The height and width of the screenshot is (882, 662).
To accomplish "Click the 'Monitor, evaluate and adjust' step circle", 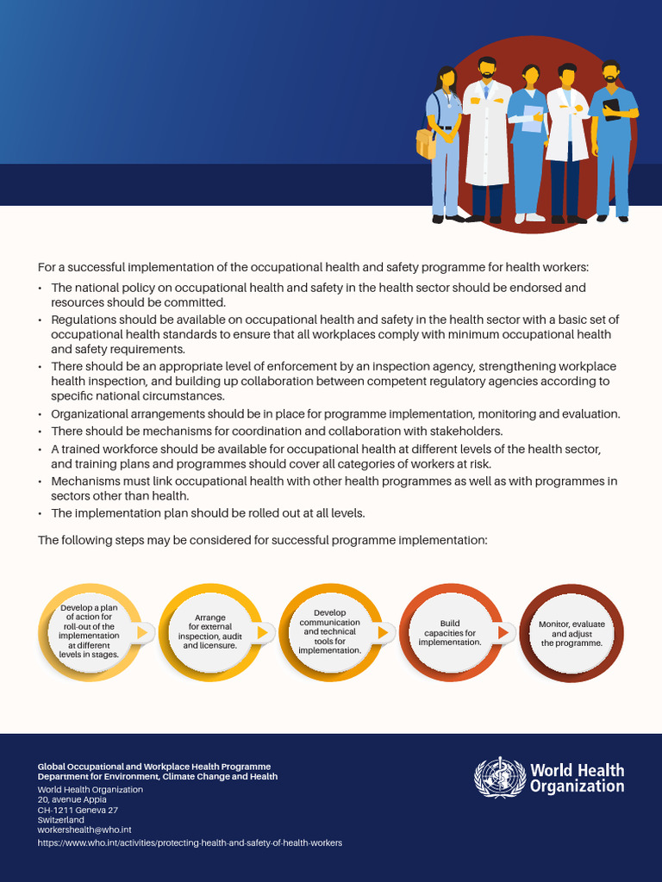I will (x=571, y=633).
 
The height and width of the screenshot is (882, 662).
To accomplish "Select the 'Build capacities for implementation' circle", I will (x=450, y=633).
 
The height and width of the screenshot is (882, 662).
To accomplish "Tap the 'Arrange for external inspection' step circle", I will (x=209, y=633).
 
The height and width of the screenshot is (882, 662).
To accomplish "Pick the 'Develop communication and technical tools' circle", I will (x=329, y=633).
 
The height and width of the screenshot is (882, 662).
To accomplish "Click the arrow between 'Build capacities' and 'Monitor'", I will (x=503, y=633).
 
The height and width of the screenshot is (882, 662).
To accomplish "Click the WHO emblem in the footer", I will (x=499, y=777).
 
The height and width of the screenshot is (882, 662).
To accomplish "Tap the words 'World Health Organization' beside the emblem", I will (x=577, y=778).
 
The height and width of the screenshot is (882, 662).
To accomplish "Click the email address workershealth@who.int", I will (x=84, y=829).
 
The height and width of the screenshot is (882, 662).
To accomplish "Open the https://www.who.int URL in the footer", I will (x=190, y=842).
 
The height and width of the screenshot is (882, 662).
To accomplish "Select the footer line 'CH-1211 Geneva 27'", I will (x=78, y=810).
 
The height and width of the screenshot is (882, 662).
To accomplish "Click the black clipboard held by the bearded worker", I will (x=611, y=109).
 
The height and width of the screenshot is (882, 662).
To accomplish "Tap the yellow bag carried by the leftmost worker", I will (x=425, y=143).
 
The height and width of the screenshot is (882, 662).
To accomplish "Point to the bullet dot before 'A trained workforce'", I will (x=41, y=450).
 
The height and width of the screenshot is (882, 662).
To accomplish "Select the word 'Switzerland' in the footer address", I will (x=60, y=820).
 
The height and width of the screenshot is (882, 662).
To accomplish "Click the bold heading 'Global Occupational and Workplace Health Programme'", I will (x=153, y=766).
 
